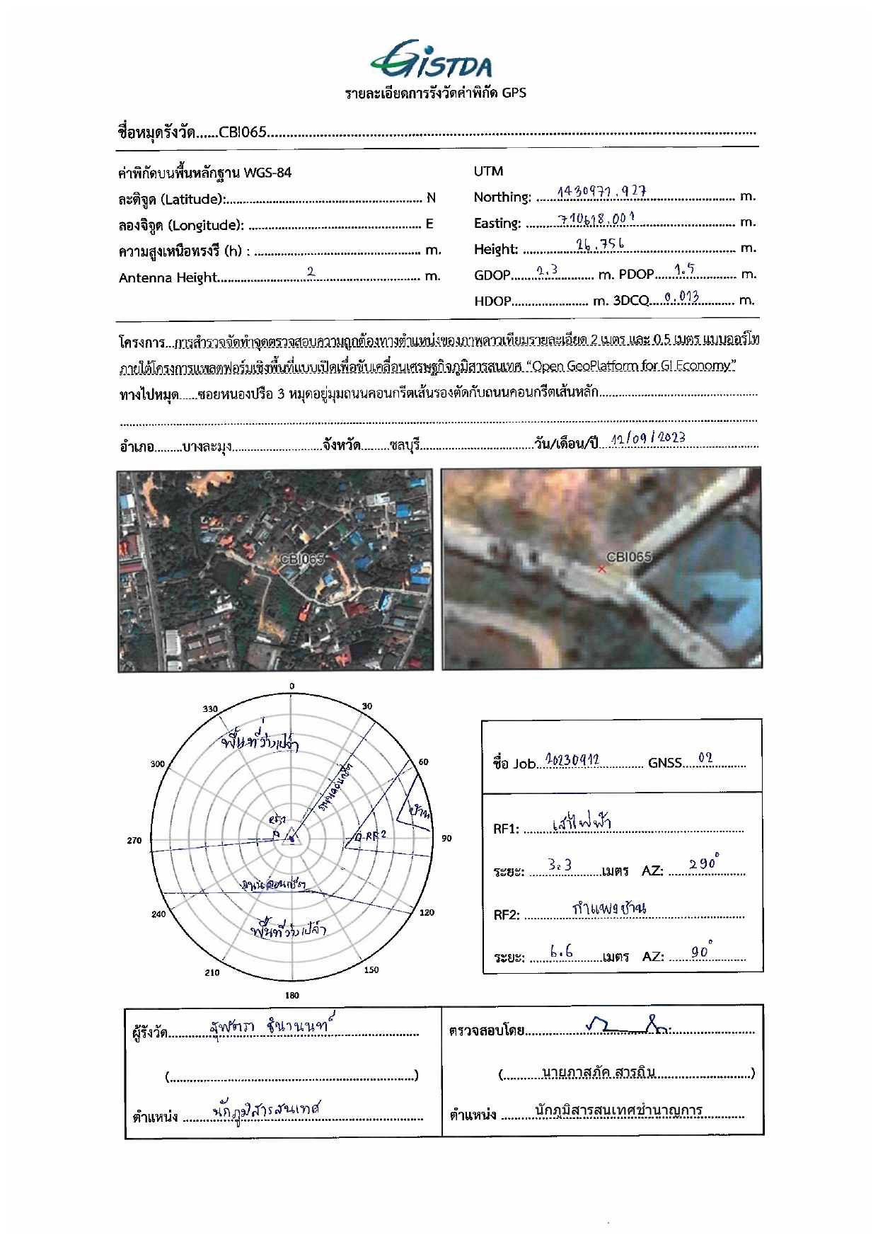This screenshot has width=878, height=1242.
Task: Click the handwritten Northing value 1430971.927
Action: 601,192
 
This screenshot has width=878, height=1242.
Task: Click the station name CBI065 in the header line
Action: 243,132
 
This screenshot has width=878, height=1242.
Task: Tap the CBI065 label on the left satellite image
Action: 301,558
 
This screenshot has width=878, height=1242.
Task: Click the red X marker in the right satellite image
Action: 601,568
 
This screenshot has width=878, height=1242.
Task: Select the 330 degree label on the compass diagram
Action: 210,709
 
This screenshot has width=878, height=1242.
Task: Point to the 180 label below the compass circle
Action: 291,995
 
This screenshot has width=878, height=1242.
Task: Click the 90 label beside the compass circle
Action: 446,839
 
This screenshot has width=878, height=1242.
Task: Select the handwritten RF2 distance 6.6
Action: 561,952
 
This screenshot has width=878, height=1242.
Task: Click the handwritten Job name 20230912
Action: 572,760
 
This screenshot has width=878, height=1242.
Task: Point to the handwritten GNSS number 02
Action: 705,759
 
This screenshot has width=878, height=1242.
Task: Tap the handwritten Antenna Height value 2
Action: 311,272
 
